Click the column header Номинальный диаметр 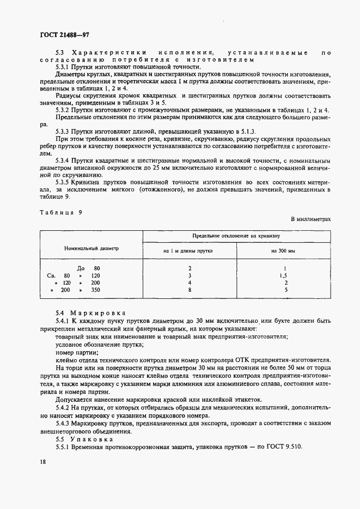[x=91, y=248]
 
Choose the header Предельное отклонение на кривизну [x=236, y=237]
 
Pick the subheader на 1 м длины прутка [x=188, y=251]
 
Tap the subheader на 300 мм [x=283, y=251]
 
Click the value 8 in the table [x=189, y=291]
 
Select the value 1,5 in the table [x=283, y=276]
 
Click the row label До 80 [x=89, y=268]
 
